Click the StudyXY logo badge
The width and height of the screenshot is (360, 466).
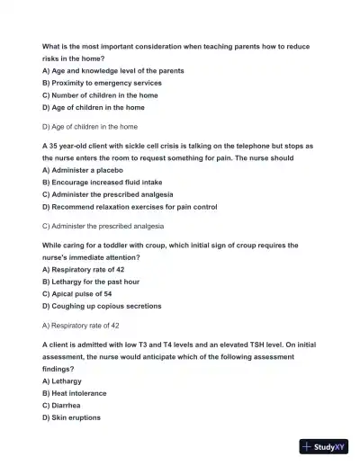pos(324,445)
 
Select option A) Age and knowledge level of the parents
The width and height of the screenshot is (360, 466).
pos(113,70)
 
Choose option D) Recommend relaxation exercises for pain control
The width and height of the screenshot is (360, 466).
pos(130,207)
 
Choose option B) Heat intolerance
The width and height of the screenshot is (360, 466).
pos(75,393)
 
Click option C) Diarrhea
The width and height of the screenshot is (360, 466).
pos(62,406)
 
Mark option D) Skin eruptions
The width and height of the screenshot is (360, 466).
pos(71,418)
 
